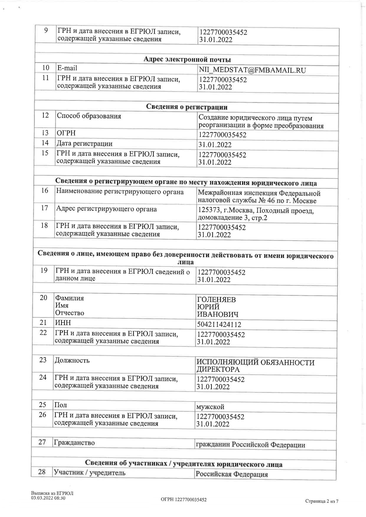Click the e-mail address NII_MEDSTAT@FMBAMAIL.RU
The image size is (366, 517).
(252, 70)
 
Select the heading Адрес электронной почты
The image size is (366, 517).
(187, 60)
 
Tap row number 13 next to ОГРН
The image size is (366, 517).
(45, 133)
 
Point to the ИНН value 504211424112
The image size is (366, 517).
(219, 325)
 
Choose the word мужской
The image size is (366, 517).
(210, 407)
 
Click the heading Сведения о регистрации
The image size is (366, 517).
(187, 107)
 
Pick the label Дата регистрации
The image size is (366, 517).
(84, 144)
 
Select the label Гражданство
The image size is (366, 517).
(74, 442)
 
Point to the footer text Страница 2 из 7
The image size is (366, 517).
(321, 501)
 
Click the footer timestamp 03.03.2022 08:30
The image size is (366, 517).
(48, 498)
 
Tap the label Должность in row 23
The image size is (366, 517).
(72, 360)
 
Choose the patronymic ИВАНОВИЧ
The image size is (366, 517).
(218, 315)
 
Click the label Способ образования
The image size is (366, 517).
(89, 116)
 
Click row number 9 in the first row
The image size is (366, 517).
(46, 30)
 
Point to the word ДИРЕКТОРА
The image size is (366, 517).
(218, 369)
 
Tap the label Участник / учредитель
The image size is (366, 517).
(90, 473)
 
